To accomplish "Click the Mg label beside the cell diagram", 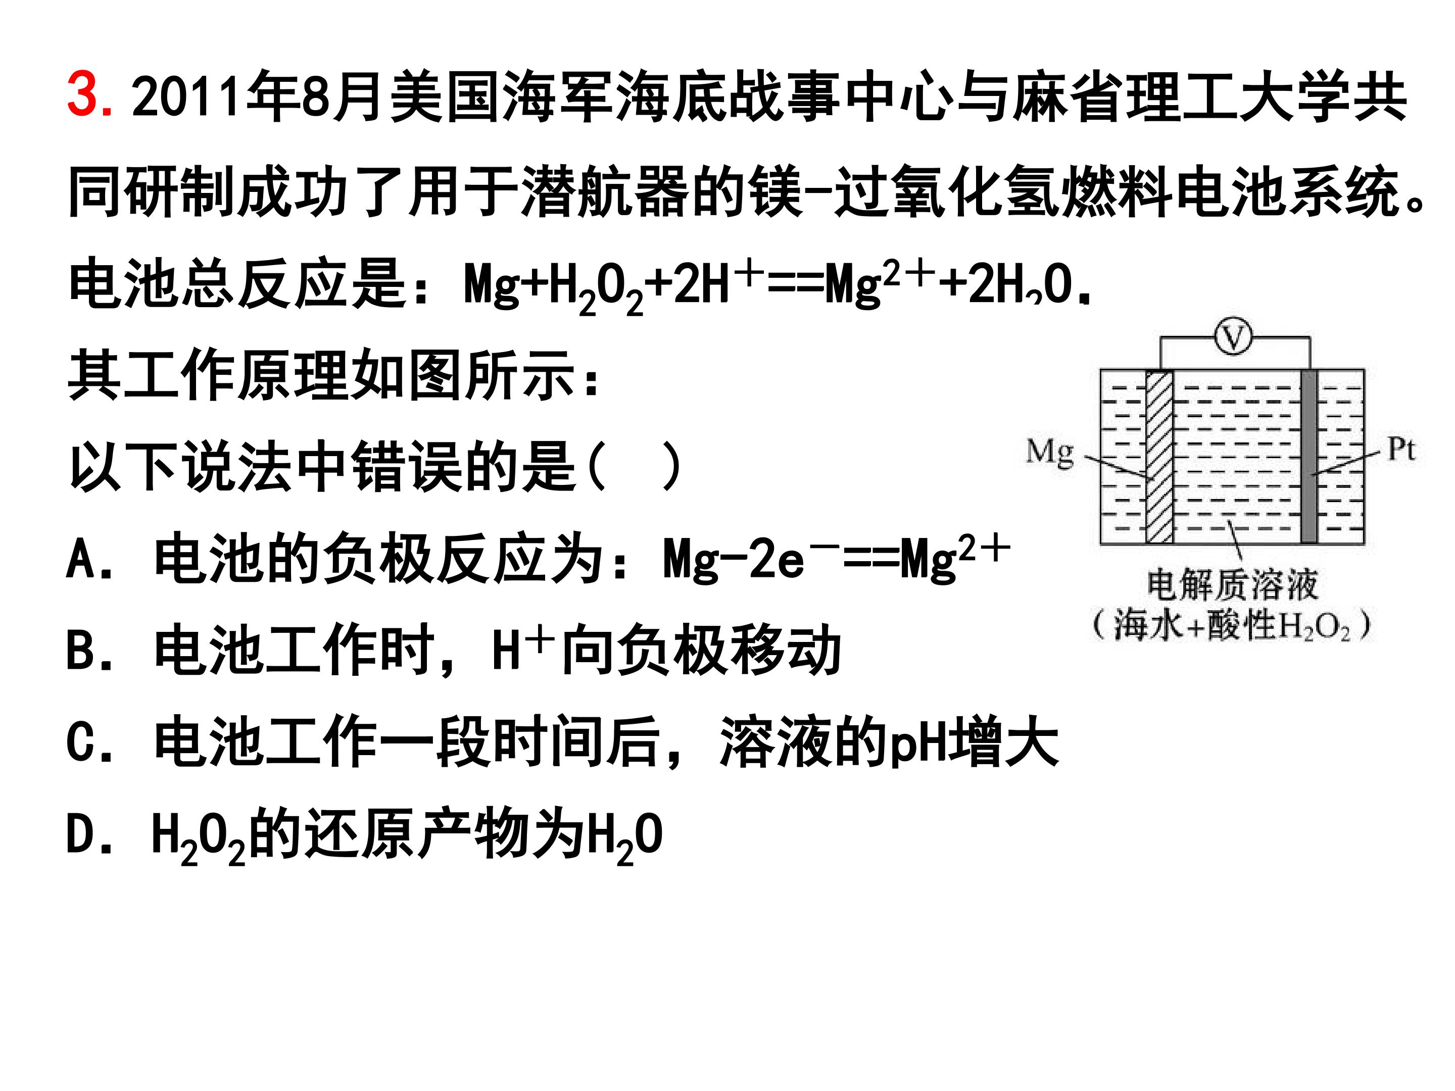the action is point(1050,453).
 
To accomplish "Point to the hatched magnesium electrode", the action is point(1159,457).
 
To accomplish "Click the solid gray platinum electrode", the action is point(1308,457).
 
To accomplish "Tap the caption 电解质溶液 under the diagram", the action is point(1233,585).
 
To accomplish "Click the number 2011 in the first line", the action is point(187,96).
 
